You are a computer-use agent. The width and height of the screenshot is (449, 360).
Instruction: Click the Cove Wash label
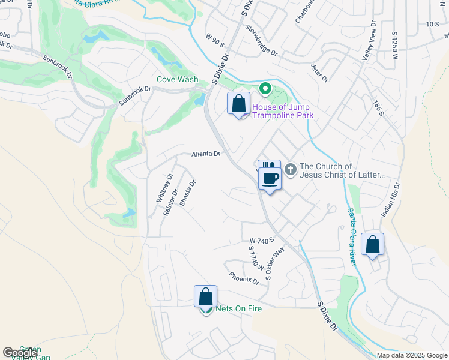(x=177, y=79)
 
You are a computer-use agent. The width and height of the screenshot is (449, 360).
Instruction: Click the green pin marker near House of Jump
(x=265, y=89)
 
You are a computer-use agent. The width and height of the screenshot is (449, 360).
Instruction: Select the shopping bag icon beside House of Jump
(x=239, y=104)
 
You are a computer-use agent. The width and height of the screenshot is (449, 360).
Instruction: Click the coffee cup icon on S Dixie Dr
(x=270, y=178)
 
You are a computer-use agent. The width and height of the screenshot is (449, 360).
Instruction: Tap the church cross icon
(x=291, y=170)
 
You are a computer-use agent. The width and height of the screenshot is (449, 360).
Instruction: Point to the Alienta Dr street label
(x=206, y=154)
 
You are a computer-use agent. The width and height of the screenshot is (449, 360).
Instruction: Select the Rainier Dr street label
(x=170, y=203)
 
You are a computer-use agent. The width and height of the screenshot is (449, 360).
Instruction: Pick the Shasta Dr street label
(x=188, y=193)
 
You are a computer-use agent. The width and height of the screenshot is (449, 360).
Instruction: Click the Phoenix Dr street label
(x=244, y=277)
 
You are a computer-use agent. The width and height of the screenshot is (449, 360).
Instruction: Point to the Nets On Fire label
(x=238, y=309)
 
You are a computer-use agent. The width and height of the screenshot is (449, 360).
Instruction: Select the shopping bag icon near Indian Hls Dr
(x=372, y=245)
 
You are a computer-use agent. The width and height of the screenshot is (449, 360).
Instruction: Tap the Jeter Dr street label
(x=320, y=73)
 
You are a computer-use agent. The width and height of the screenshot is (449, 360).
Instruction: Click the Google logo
(x=19, y=353)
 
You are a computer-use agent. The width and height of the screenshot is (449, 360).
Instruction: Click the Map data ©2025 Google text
(x=411, y=355)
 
